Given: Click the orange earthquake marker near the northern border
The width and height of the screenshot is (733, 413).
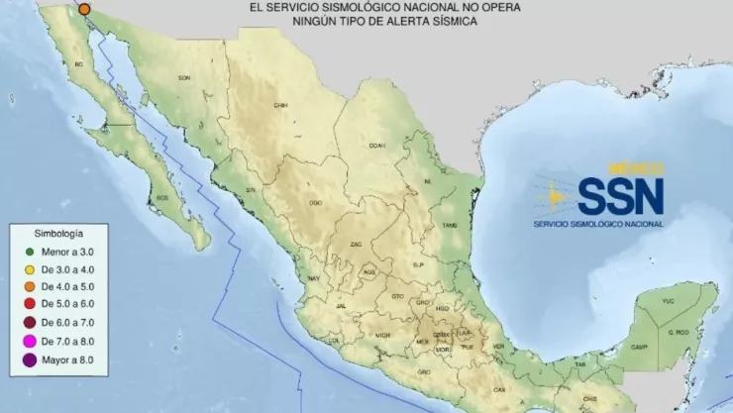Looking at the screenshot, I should pos(84,8).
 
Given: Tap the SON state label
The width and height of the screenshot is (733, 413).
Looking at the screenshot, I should pos(183,77).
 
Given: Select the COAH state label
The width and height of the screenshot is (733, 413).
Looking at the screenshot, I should pos(376,145).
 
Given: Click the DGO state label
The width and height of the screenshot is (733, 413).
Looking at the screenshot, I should pos(315,202).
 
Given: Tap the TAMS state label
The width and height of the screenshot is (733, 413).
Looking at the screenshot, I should pos(451,226).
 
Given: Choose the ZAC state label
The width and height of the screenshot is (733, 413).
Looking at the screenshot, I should pos(357,243).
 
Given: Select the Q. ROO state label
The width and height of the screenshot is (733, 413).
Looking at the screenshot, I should pos(679,332).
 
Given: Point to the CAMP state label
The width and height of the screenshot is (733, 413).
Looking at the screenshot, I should pos(640,347).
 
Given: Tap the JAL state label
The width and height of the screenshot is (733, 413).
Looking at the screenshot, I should pos(342,308).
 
